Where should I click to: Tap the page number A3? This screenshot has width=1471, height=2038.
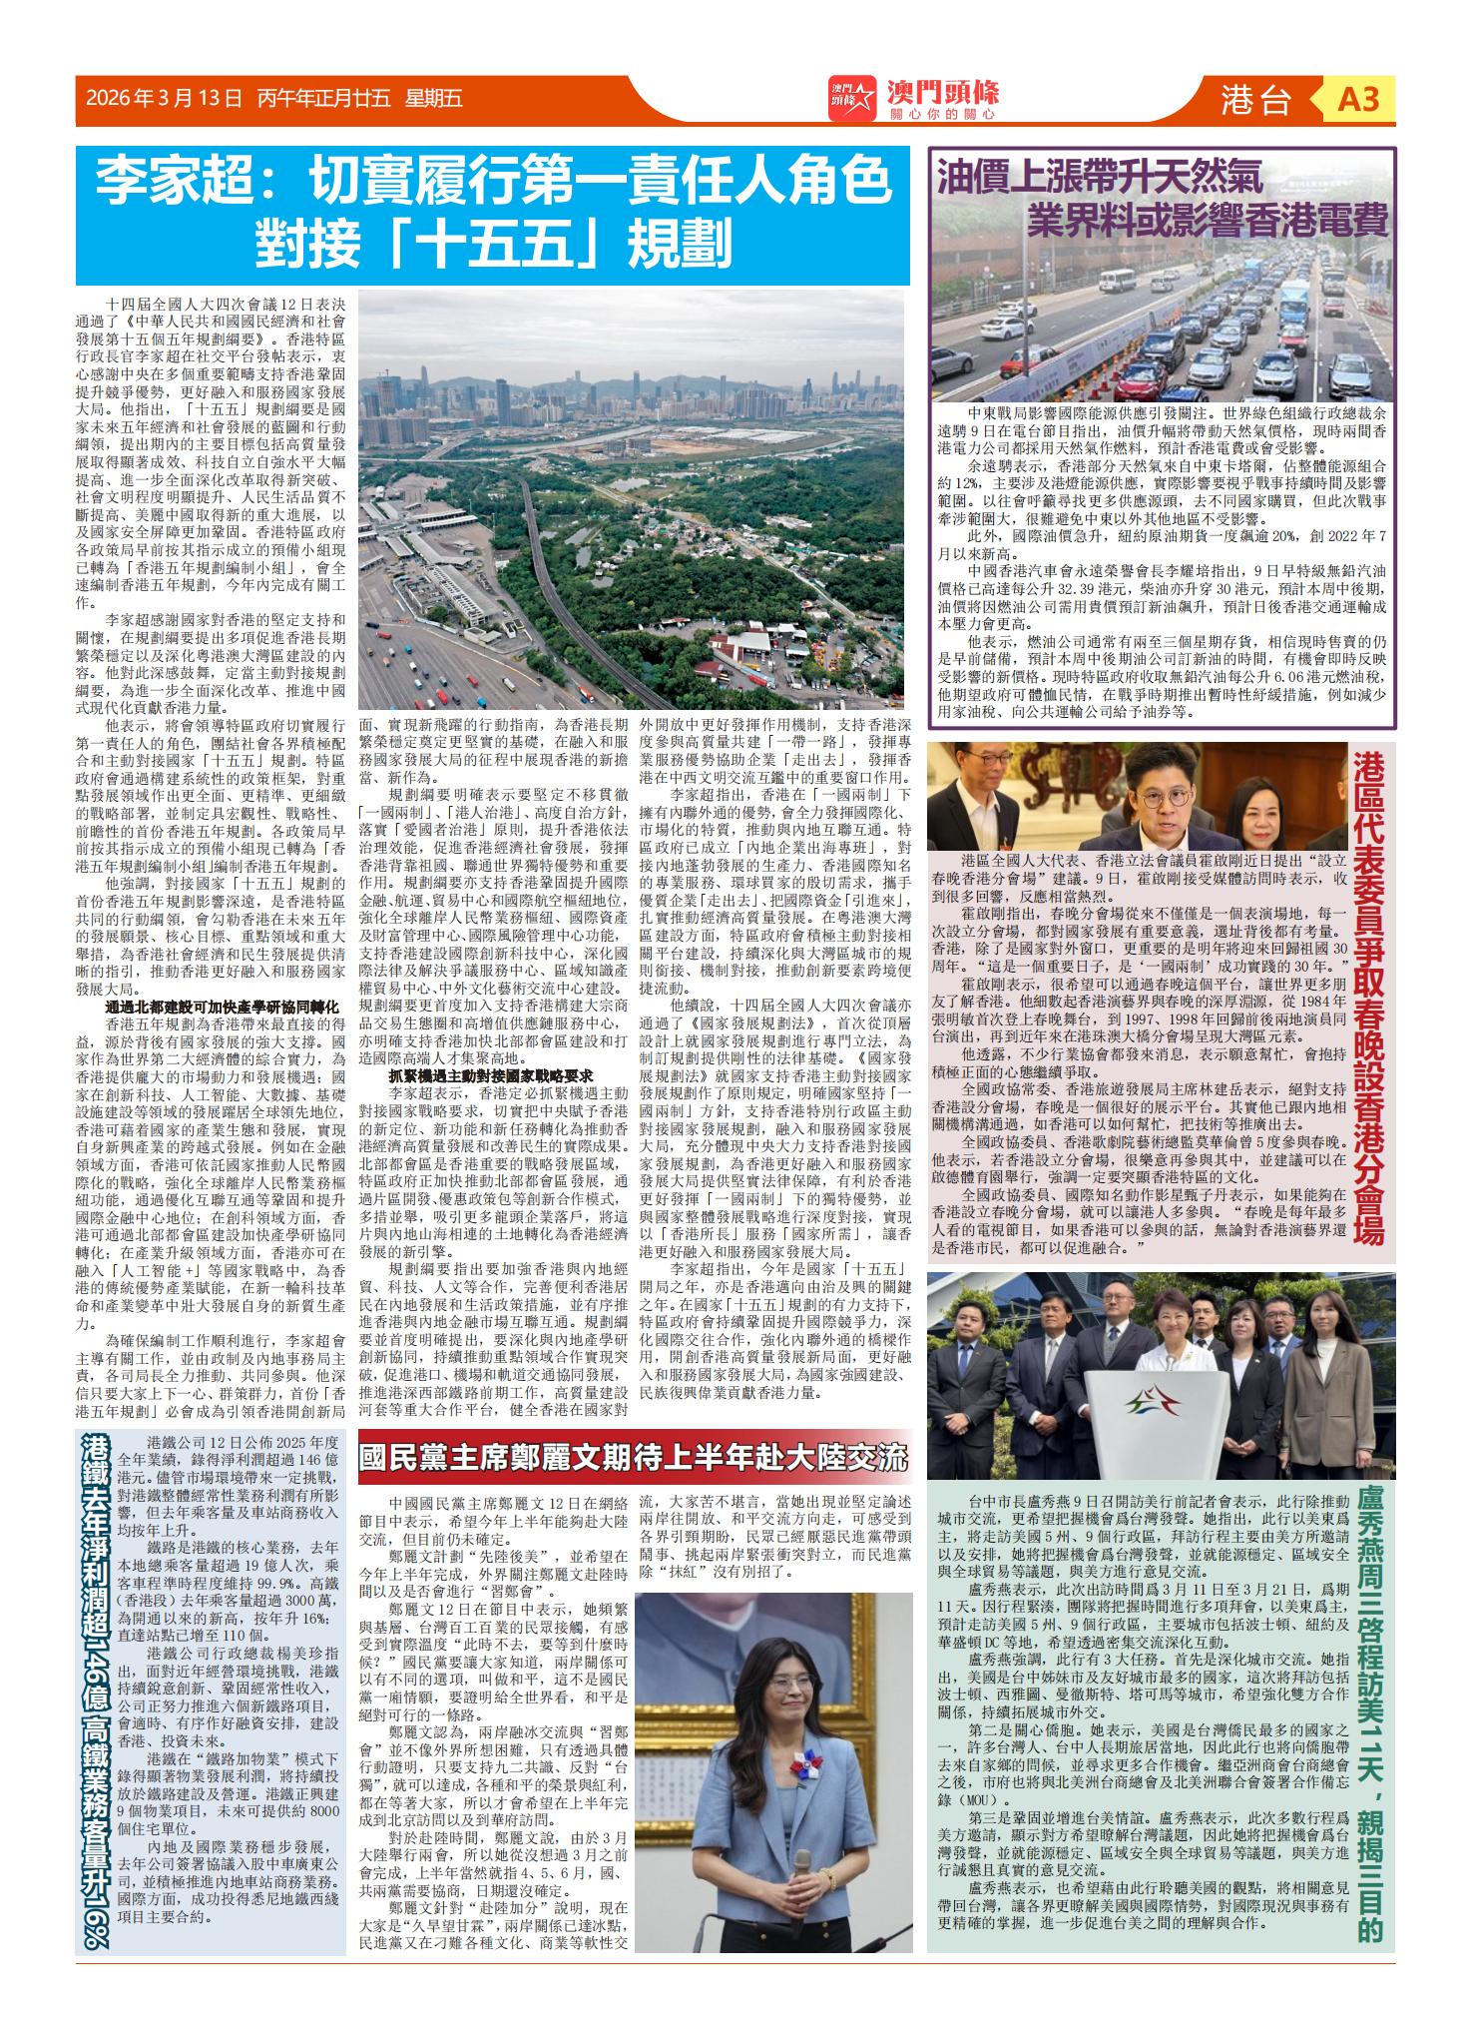[1358, 100]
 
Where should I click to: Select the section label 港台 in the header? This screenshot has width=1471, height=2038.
[1255, 100]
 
